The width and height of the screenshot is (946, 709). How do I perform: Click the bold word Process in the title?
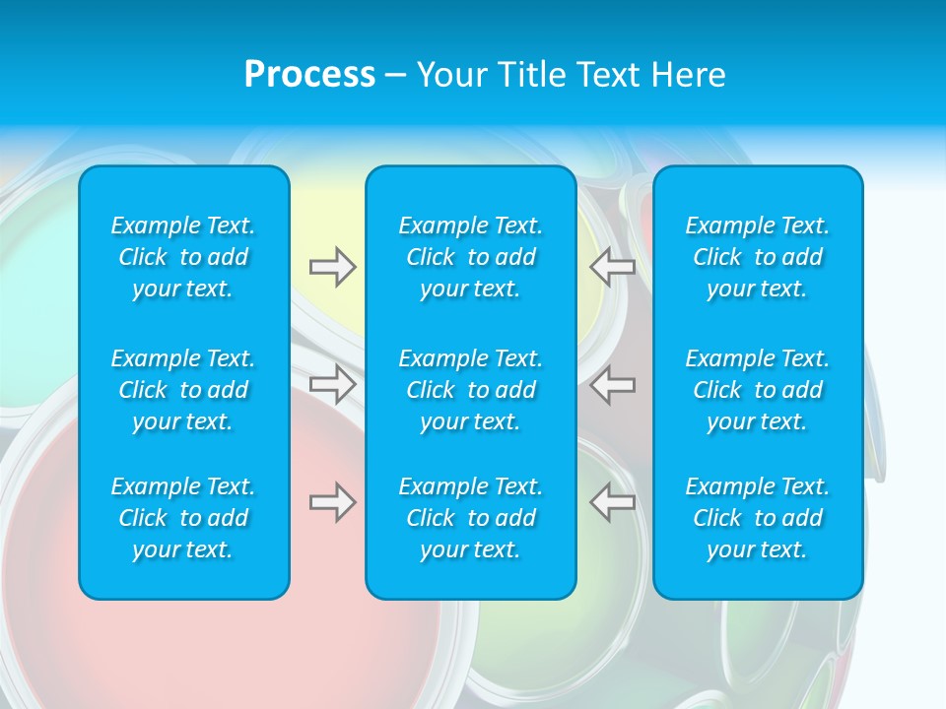pyautogui.click(x=309, y=75)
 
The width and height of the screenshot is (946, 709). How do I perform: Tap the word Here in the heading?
pyautogui.click(x=689, y=75)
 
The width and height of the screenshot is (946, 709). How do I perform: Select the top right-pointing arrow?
pyautogui.click(x=333, y=267)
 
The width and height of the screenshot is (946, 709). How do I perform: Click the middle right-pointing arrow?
pyautogui.click(x=333, y=384)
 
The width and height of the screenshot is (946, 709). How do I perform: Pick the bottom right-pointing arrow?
pyautogui.click(x=333, y=502)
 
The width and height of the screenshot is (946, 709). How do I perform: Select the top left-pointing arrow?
pyautogui.click(x=613, y=267)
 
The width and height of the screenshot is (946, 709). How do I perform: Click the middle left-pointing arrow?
pyautogui.click(x=613, y=384)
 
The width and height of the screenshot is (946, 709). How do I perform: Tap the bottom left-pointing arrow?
pyautogui.click(x=613, y=502)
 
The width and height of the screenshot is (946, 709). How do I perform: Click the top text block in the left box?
pyautogui.click(x=183, y=257)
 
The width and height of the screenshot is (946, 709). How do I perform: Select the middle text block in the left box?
pyautogui.click(x=183, y=390)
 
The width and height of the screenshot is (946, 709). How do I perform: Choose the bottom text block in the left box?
pyautogui.click(x=183, y=518)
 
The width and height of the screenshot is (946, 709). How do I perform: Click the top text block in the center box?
pyautogui.click(x=470, y=257)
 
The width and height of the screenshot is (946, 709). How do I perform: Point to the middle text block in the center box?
pyautogui.click(x=470, y=390)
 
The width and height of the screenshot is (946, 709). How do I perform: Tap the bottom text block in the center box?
pyautogui.click(x=470, y=518)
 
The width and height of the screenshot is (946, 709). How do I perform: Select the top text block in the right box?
pyautogui.click(x=757, y=257)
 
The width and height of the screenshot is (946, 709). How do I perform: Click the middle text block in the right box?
pyautogui.click(x=757, y=390)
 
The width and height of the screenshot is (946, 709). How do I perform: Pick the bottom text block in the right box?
pyautogui.click(x=757, y=518)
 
